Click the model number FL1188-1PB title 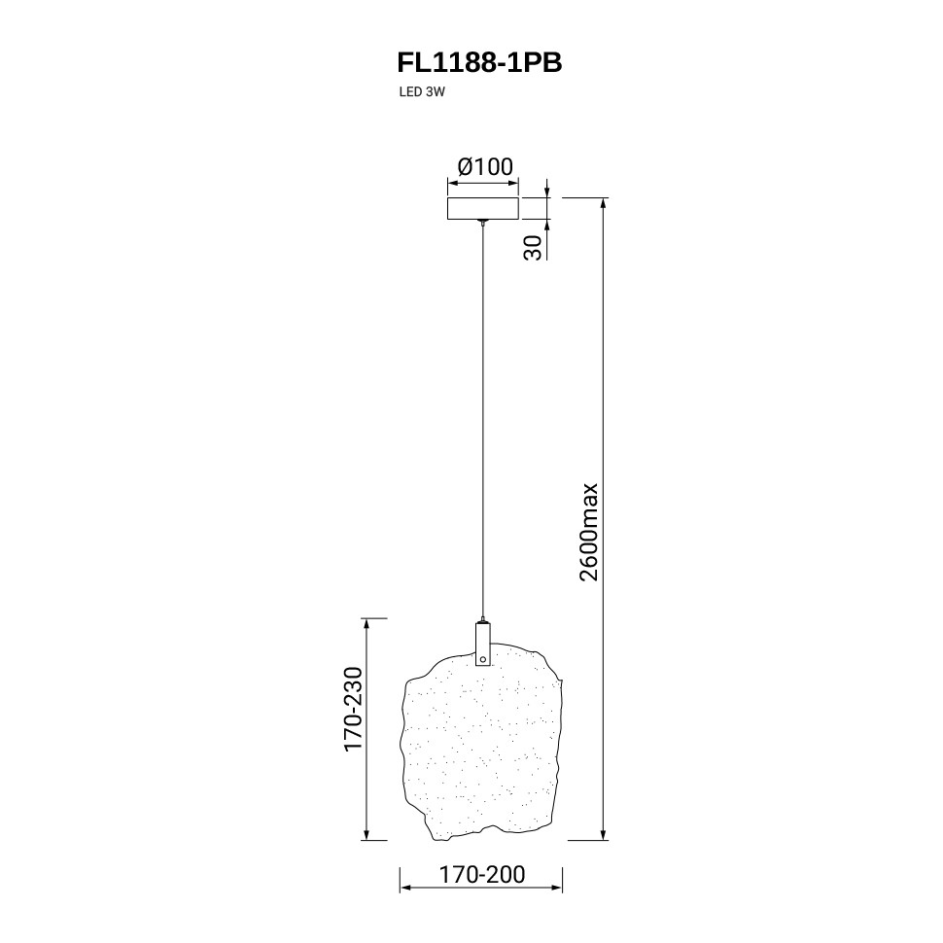pos(479,62)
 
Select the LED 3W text pos(422,92)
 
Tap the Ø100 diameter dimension pos(485,166)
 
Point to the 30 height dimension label pos(533,247)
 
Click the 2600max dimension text pos(589,531)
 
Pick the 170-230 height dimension pos(353,709)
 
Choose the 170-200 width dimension pos(482,874)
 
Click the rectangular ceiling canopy pos(483,208)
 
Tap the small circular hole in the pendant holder pos(483,659)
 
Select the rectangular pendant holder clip pos(483,645)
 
